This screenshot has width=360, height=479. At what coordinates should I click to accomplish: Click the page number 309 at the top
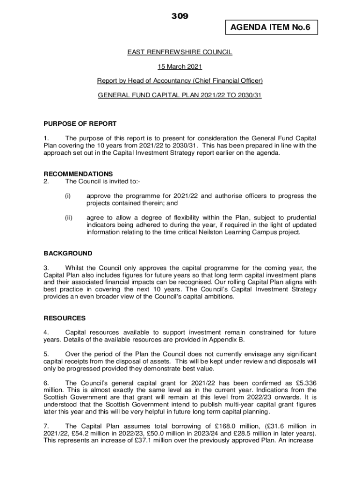click(180, 16)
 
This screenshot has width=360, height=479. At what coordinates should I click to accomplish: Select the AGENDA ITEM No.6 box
click(270, 28)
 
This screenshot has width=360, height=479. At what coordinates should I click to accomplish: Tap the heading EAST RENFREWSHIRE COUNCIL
click(180, 52)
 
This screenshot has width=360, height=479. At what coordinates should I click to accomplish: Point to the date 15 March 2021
click(180, 67)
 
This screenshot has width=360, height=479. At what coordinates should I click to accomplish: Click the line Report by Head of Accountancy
click(180, 81)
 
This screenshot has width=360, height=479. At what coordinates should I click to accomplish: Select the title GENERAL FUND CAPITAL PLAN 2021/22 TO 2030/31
click(180, 95)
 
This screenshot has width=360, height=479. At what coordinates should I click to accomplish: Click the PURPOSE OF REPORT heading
click(80, 124)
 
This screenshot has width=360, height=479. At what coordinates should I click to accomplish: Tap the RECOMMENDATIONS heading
click(78, 174)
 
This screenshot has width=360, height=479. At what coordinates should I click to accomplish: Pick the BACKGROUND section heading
click(68, 253)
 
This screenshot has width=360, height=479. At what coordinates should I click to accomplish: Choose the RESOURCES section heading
click(65, 318)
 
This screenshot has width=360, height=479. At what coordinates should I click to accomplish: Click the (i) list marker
click(67, 196)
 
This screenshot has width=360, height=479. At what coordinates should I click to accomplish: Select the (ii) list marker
click(68, 218)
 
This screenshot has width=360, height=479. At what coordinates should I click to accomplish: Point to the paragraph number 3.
click(46, 268)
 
